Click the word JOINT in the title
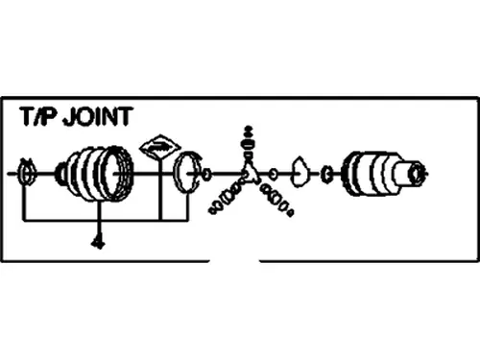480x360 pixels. point(97,116)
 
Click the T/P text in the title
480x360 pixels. point(39,116)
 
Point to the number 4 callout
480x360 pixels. point(98,243)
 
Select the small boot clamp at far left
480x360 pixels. point(27,172)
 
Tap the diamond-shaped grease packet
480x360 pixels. point(160,148)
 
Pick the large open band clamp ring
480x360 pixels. point(187,173)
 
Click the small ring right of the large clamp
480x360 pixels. point(207,174)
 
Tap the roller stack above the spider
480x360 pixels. point(249,141)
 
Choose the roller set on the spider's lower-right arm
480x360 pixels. point(276,200)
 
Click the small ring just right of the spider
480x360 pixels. point(273,175)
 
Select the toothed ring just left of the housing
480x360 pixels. point(326,174)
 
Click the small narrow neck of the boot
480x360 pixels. point(60,174)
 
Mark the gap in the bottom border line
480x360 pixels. point(234,261)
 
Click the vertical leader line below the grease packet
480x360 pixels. point(160,190)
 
